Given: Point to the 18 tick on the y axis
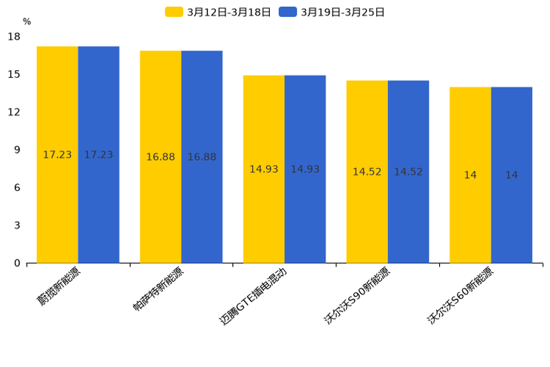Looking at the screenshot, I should (x=14, y=36).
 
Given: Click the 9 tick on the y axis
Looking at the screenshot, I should (x=17, y=149).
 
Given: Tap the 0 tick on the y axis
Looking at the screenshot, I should (x=17, y=263).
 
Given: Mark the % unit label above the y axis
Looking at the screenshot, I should (x=27, y=21).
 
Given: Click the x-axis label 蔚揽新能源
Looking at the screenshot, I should (x=59, y=288).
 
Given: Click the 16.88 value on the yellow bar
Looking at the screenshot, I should (x=160, y=157).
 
